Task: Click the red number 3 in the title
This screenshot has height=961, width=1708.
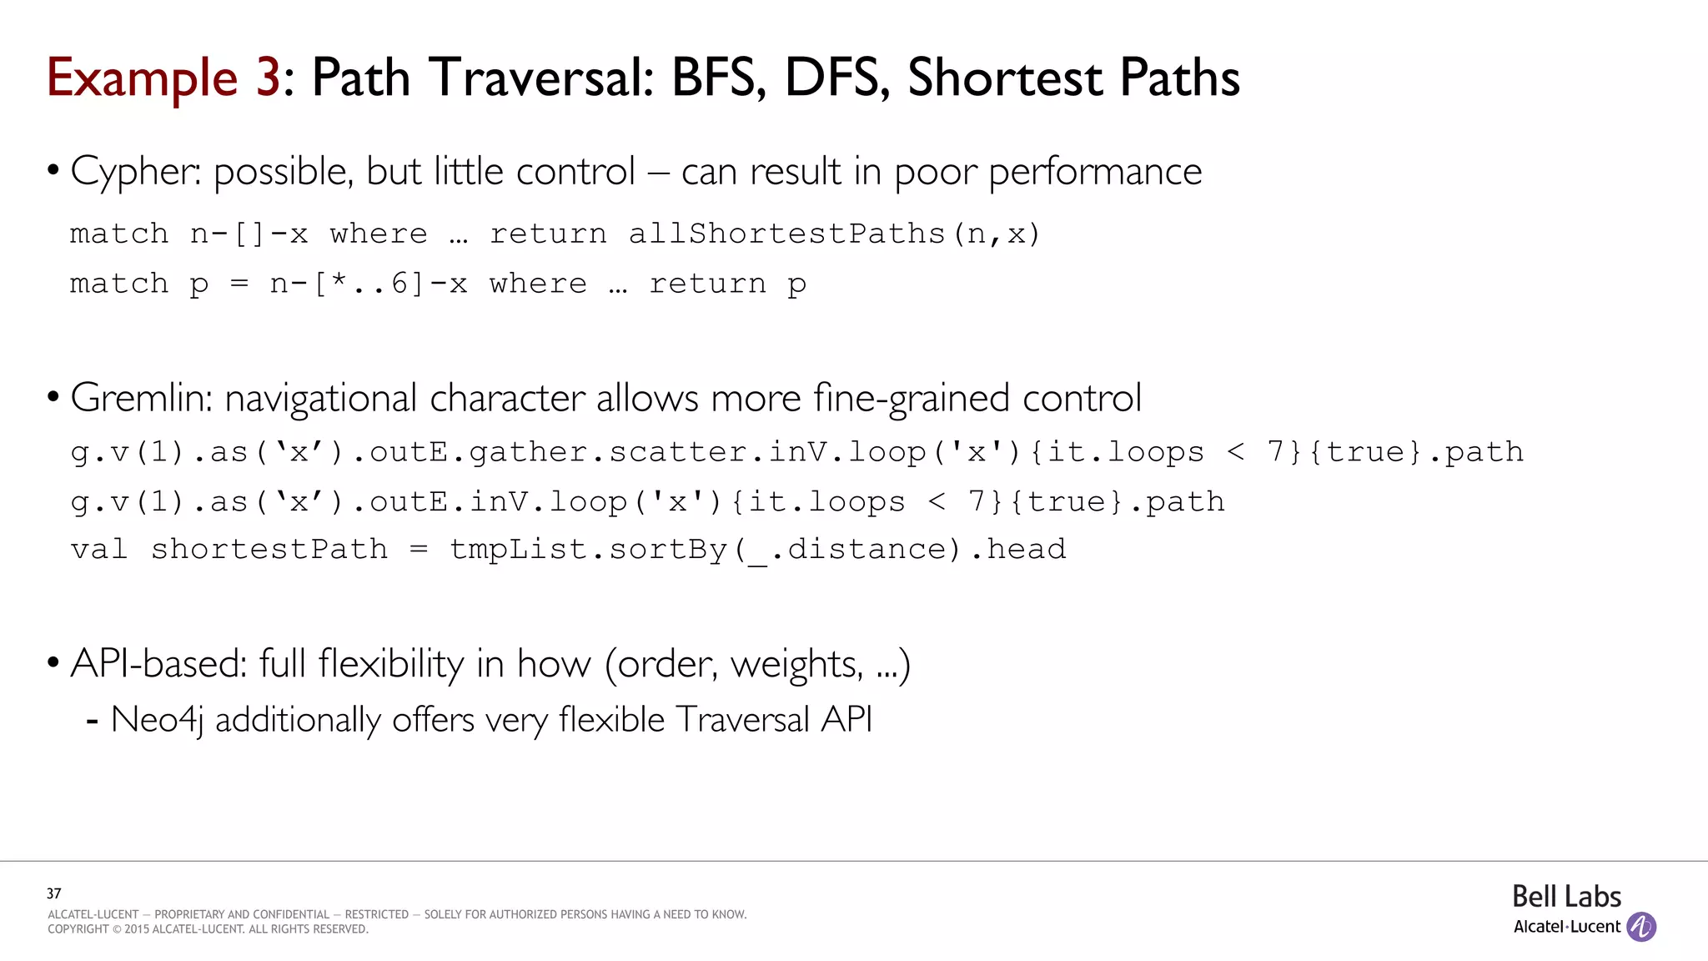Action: [267, 78]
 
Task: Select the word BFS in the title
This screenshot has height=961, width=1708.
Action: [718, 78]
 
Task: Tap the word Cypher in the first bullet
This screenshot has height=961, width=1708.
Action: [134, 172]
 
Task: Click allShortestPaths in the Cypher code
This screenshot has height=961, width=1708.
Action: [786, 234]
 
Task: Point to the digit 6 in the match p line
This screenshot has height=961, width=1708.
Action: [400, 284]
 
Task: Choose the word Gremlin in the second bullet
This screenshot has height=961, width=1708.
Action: [142, 398]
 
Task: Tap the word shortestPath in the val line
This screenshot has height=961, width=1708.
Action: [269, 549]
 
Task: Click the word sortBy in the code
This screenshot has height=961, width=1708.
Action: [668, 549]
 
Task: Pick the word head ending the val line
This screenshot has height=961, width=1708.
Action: [1027, 549]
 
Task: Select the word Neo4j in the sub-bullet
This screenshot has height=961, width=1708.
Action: [157, 720]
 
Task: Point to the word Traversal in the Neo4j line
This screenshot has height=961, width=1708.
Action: [742, 719]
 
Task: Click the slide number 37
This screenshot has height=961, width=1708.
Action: [54, 893]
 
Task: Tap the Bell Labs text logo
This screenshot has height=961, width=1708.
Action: [1566, 897]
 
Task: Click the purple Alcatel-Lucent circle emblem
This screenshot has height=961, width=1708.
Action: [1641, 926]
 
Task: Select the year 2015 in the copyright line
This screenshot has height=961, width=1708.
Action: [137, 929]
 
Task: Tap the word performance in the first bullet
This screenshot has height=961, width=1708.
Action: [1095, 172]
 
